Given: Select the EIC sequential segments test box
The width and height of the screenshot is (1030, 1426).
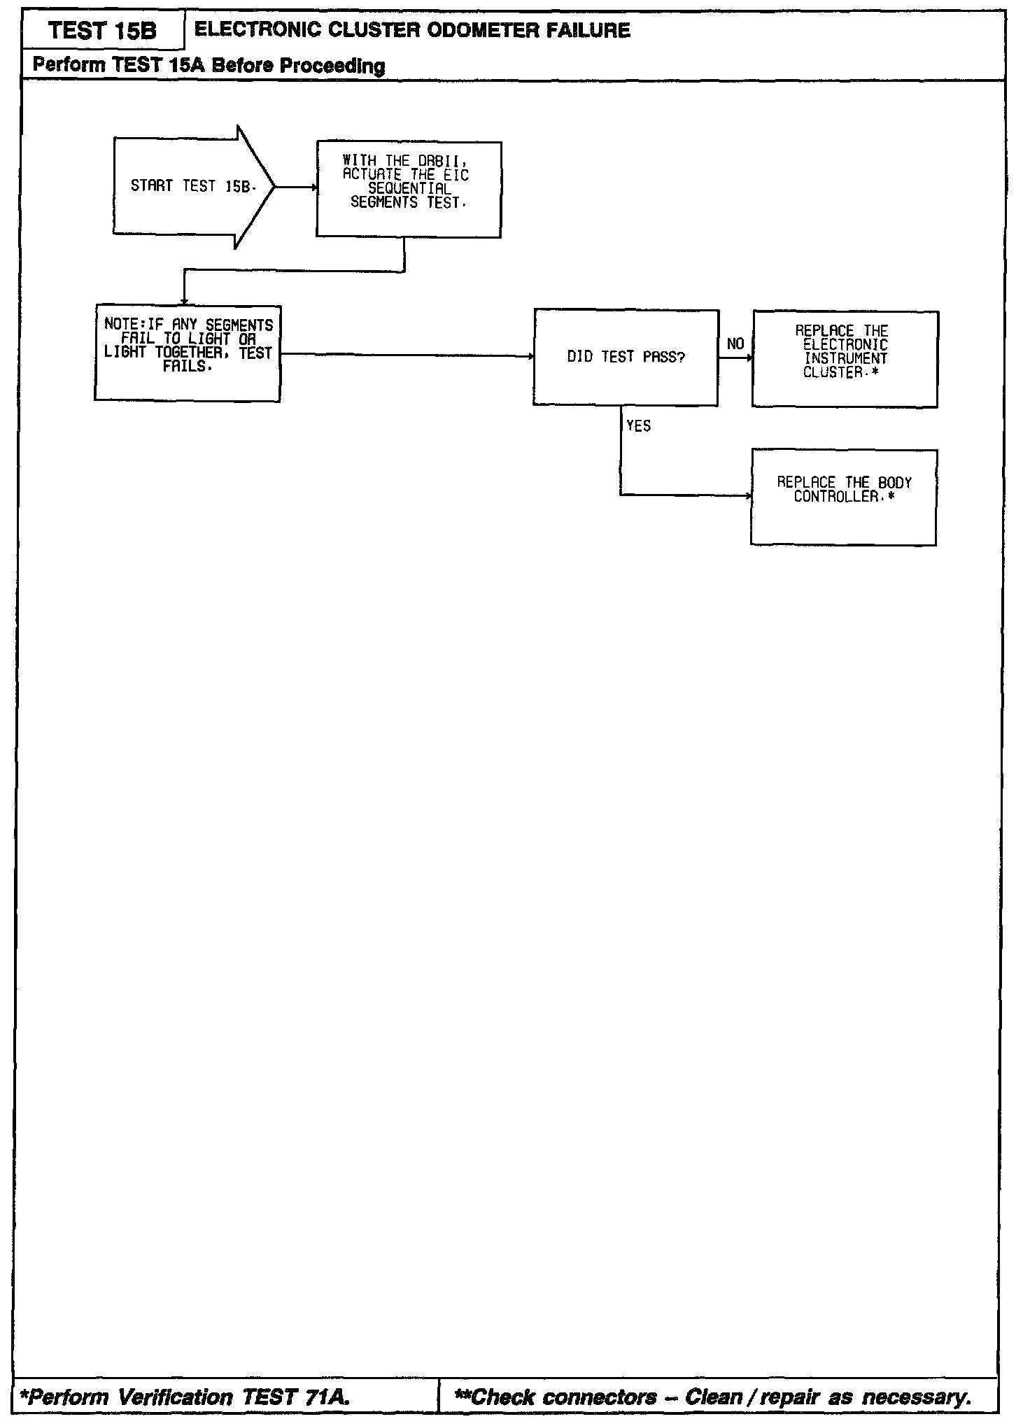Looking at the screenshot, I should [409, 190].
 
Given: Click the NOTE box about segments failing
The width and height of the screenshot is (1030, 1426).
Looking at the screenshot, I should [188, 353].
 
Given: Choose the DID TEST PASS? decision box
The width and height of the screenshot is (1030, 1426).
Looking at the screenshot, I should [626, 358].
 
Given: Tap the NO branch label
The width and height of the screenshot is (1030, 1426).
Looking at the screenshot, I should [735, 344].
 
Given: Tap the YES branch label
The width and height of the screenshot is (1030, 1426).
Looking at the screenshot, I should [638, 426].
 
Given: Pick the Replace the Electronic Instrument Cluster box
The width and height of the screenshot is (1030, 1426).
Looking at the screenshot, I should [845, 359].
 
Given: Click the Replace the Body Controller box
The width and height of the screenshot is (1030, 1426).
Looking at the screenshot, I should [843, 497].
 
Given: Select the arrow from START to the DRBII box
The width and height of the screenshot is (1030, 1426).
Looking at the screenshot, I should [295, 188].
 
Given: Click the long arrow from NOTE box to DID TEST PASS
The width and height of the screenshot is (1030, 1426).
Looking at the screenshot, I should [406, 355].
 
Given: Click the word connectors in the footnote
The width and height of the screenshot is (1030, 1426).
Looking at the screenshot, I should [600, 1397].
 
